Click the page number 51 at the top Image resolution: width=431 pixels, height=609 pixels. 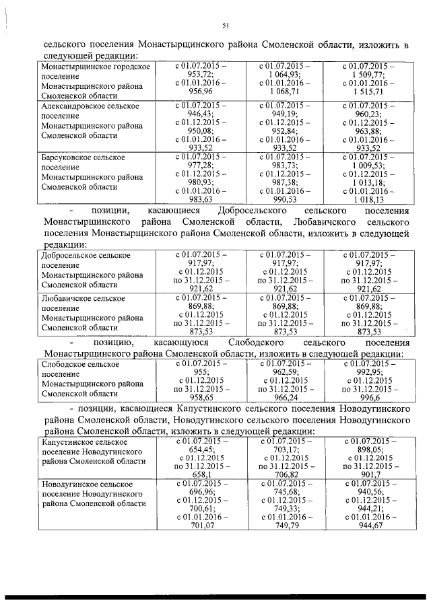pyautogui.click(x=226, y=26)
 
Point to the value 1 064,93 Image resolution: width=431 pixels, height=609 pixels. pyautogui.click(x=282, y=75)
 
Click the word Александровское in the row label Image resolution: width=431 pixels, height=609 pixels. pyautogui.click(x=71, y=106)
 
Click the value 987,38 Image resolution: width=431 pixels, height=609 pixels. pyautogui.click(x=282, y=182)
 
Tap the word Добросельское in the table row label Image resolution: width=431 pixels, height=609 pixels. pyautogui.click(x=68, y=256)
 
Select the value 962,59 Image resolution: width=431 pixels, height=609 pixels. pyautogui.click(x=282, y=371)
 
